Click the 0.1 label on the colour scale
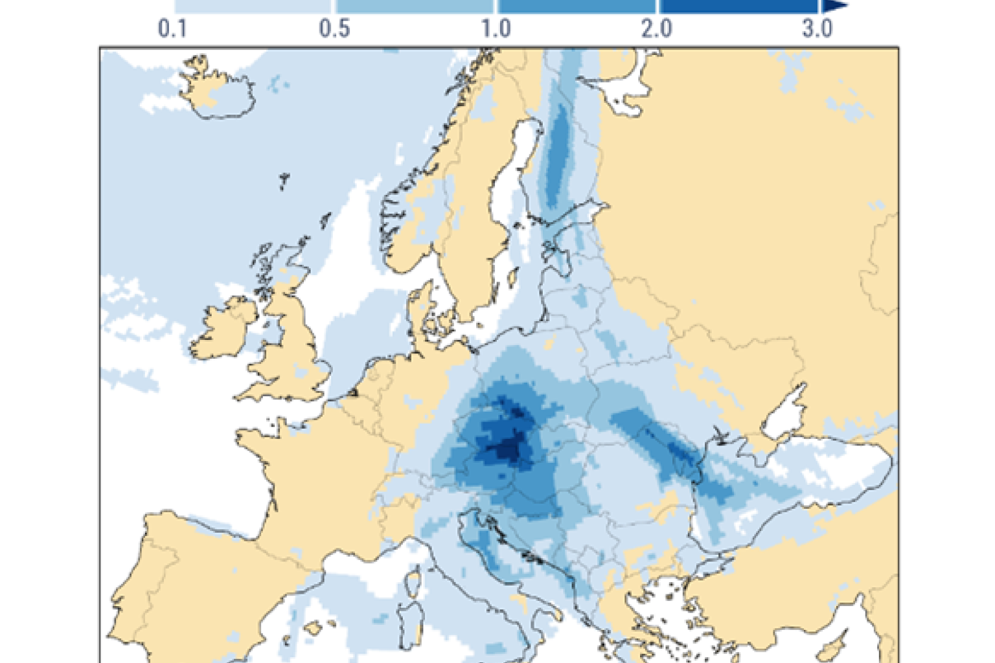pos(172,28)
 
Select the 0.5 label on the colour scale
pos(334,28)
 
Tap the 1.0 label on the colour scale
pos(496,28)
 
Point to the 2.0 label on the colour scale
pos(657,28)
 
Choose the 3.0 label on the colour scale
pos(818,28)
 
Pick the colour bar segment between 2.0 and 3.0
pos(738,6)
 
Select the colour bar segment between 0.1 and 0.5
pos(253,6)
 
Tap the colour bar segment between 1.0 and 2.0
pos(577,6)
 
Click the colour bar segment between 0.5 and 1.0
pos(415,6)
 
